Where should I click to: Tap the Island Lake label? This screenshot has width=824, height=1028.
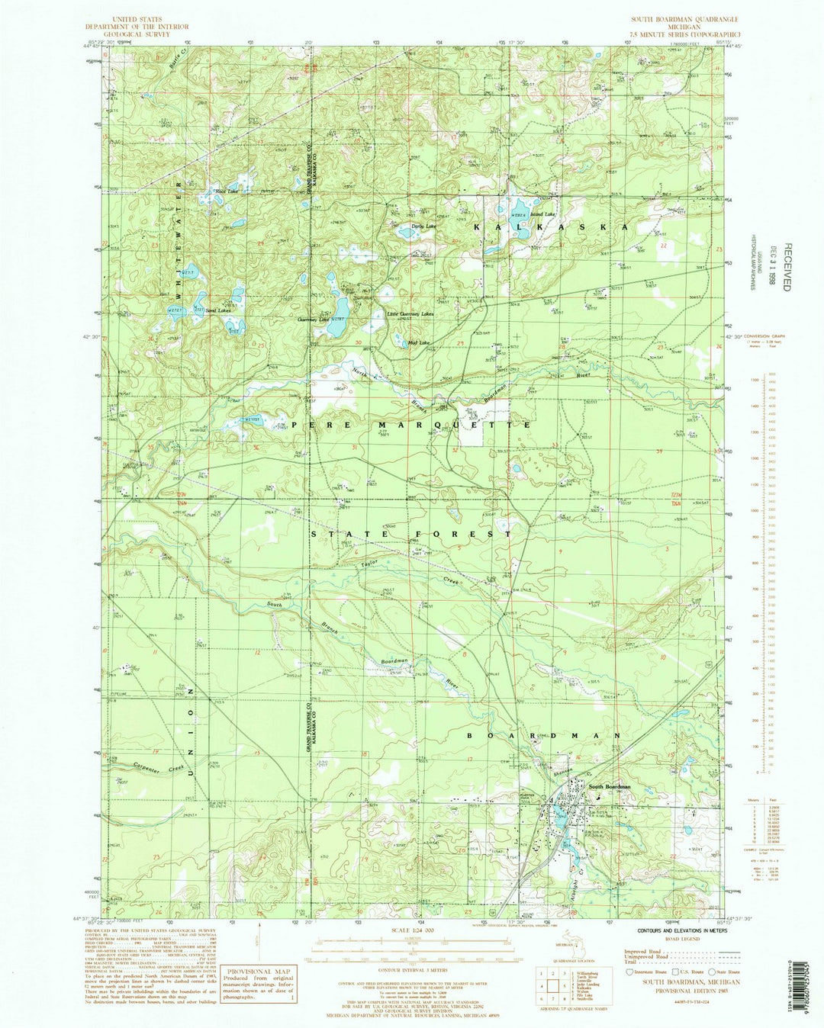click(x=545, y=215)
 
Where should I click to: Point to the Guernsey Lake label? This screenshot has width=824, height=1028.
click(x=313, y=320)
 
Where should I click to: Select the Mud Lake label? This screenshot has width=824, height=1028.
click(x=418, y=342)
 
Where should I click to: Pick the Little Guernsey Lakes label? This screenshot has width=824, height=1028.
click(x=410, y=314)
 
